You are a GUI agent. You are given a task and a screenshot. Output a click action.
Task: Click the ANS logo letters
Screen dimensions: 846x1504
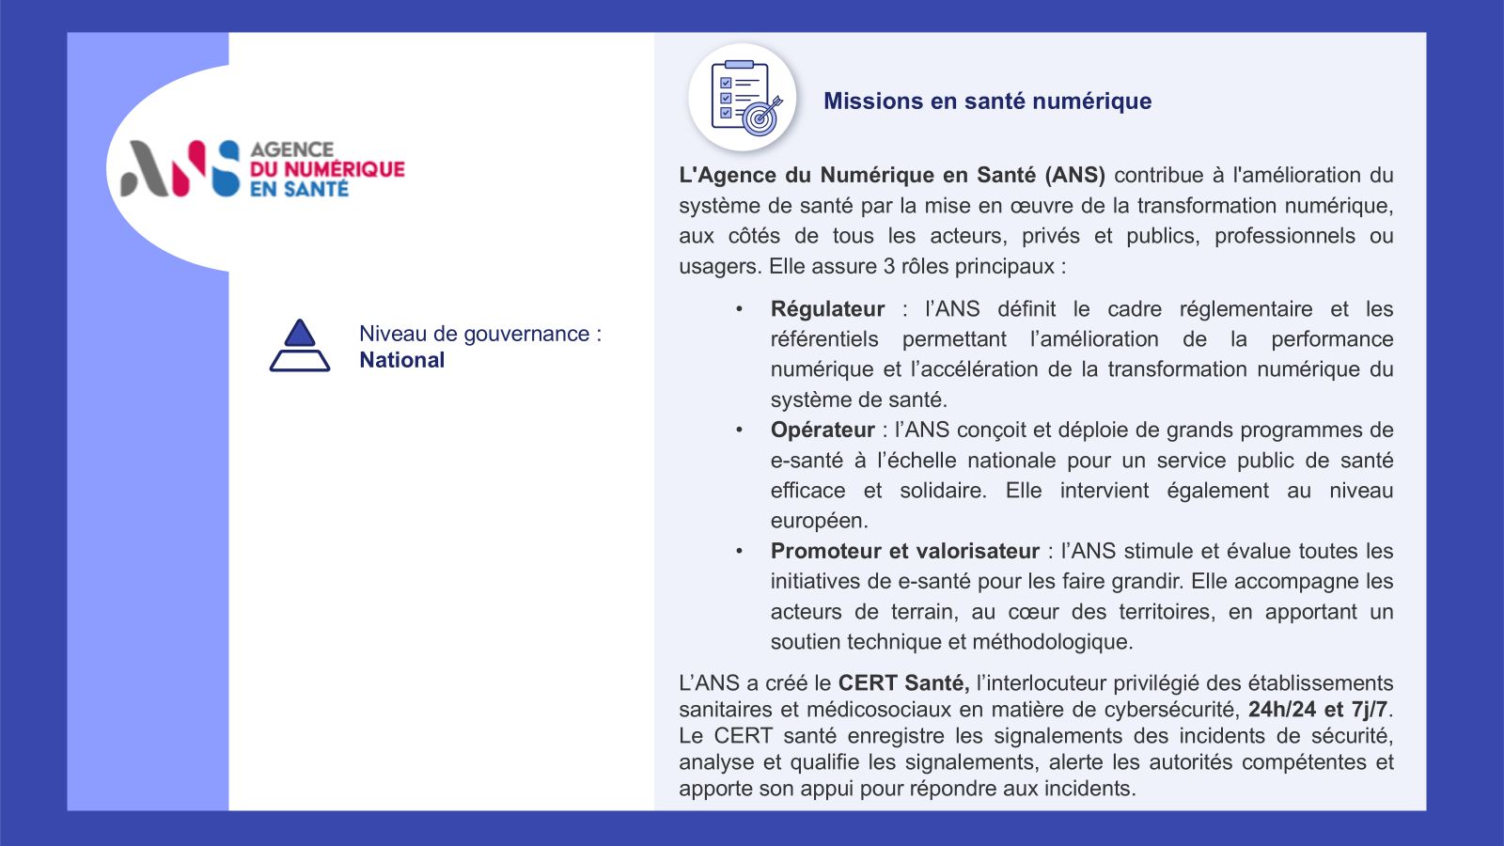[x=180, y=169]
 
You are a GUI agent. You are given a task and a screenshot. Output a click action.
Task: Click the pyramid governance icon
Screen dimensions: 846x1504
[x=300, y=345]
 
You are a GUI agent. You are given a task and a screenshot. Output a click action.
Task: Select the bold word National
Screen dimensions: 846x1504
[x=401, y=360]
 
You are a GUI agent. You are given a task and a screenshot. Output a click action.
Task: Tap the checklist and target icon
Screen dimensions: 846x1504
[x=743, y=98]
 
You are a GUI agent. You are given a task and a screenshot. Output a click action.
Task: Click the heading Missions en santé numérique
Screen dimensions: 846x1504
[x=987, y=102]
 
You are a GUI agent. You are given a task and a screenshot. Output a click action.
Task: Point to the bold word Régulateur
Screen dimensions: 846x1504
[x=827, y=309]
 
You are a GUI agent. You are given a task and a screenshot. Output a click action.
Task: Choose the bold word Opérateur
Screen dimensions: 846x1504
[x=822, y=430]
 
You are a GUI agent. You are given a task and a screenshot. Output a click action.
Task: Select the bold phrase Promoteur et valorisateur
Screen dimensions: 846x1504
[x=904, y=551]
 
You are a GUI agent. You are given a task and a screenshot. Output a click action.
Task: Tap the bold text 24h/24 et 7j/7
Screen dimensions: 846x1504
[x=1317, y=710]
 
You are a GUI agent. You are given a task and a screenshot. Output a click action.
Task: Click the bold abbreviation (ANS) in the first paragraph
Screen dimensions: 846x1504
[x=1074, y=175]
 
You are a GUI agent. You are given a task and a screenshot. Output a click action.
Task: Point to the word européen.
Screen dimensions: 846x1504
[x=818, y=521]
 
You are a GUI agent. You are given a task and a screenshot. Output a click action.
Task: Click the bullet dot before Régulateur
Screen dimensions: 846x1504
[x=739, y=309]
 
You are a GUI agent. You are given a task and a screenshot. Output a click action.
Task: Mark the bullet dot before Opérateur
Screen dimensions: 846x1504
[x=739, y=430]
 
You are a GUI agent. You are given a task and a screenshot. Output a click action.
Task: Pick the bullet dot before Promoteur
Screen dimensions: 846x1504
[x=739, y=551]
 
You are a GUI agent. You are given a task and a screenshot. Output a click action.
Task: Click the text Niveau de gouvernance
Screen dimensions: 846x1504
[x=474, y=334]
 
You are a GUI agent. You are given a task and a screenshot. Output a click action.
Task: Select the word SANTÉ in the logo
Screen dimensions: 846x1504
[x=317, y=189]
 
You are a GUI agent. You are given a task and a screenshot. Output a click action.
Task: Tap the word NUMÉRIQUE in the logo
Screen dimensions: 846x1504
[x=344, y=169]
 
